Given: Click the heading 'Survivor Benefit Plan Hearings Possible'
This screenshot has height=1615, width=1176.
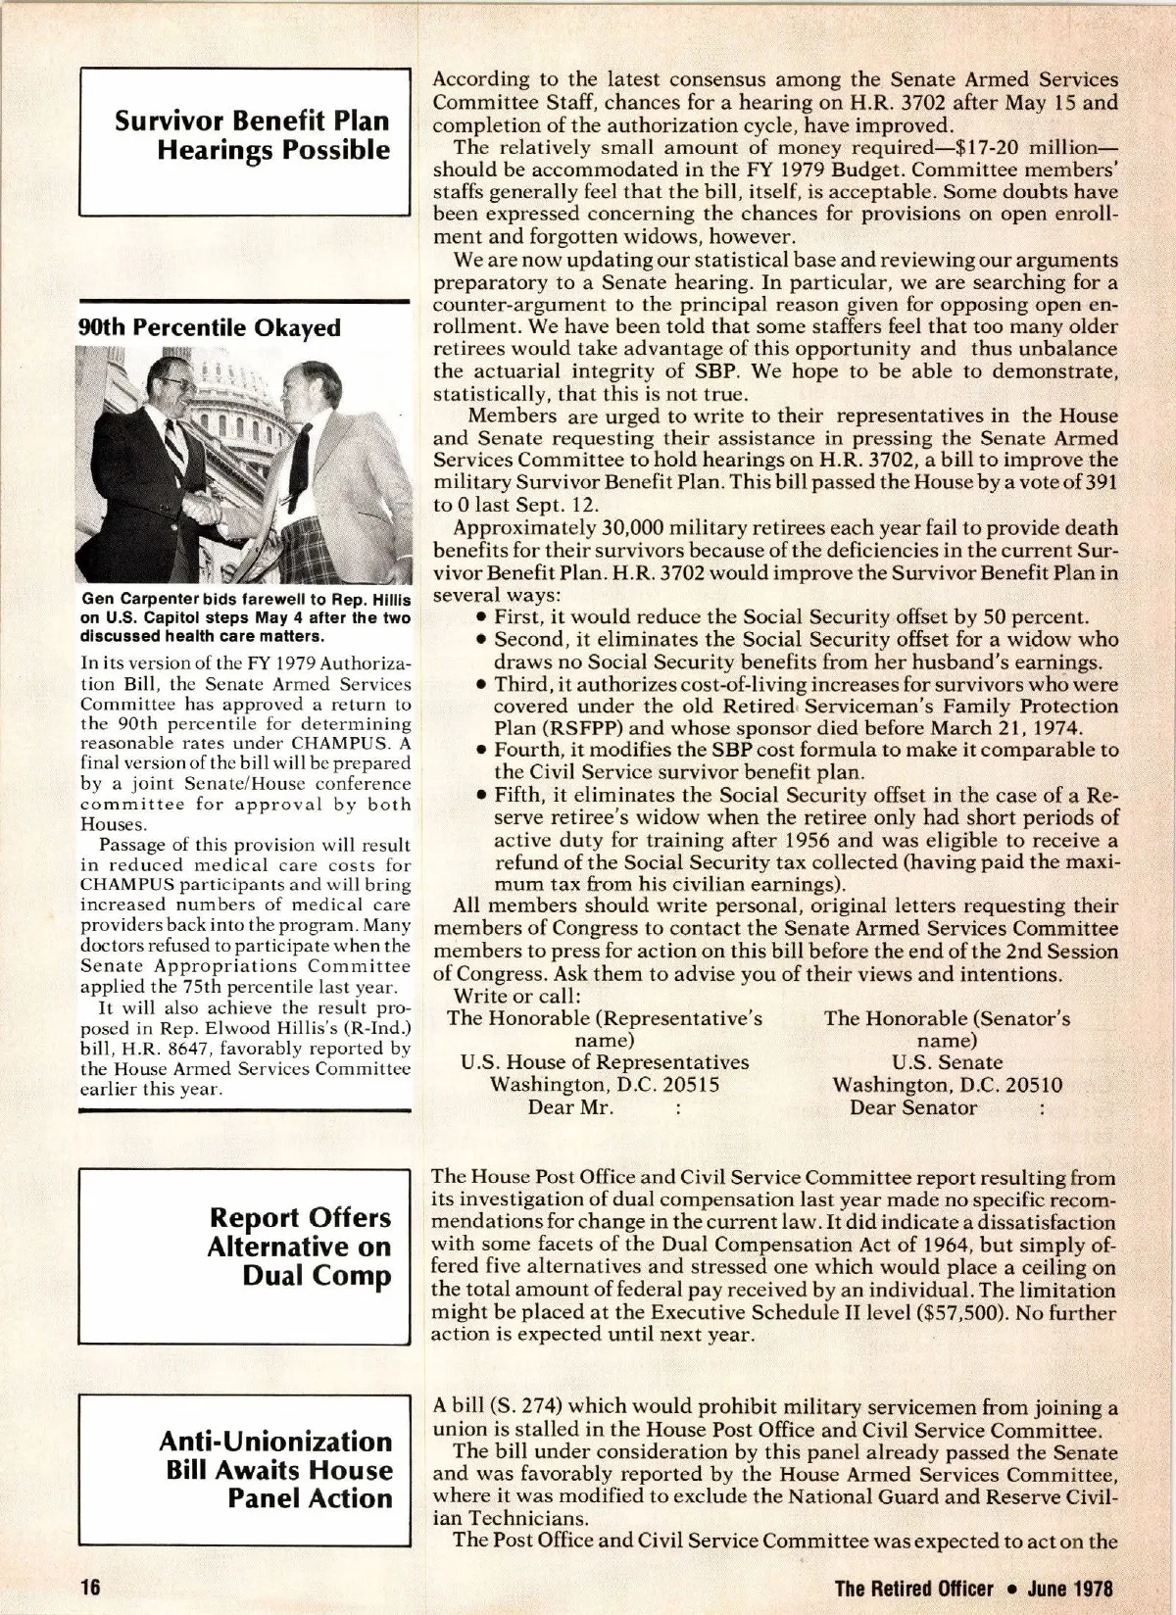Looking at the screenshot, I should [x=252, y=135].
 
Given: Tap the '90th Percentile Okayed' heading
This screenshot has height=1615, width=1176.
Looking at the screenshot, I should [x=210, y=327].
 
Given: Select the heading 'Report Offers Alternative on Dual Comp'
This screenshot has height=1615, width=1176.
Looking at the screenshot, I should [x=299, y=1247].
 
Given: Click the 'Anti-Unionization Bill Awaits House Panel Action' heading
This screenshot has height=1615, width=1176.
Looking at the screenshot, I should [x=275, y=1469].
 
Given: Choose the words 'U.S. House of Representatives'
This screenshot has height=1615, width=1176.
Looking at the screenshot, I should [x=605, y=1062].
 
